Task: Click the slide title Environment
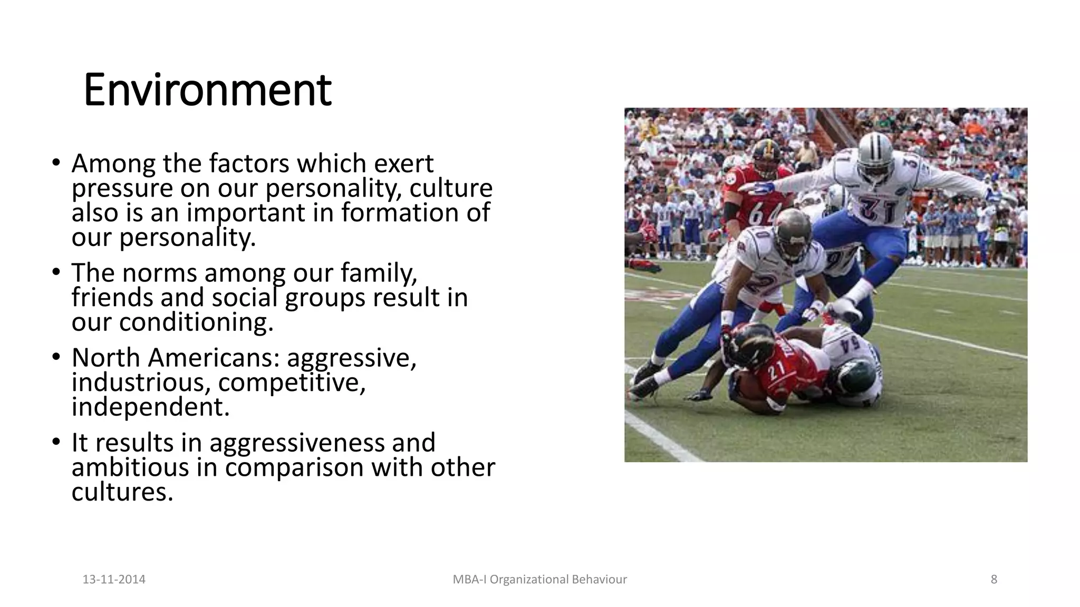coord(207,91)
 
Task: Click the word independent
coord(150,407)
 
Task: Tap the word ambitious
coord(130,467)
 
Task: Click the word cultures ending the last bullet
coord(122,492)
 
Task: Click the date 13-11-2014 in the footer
coord(114,580)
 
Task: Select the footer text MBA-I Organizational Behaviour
coord(539,580)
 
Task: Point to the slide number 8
coord(994,580)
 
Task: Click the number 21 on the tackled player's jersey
coord(777,372)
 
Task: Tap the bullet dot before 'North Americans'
coord(56,357)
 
